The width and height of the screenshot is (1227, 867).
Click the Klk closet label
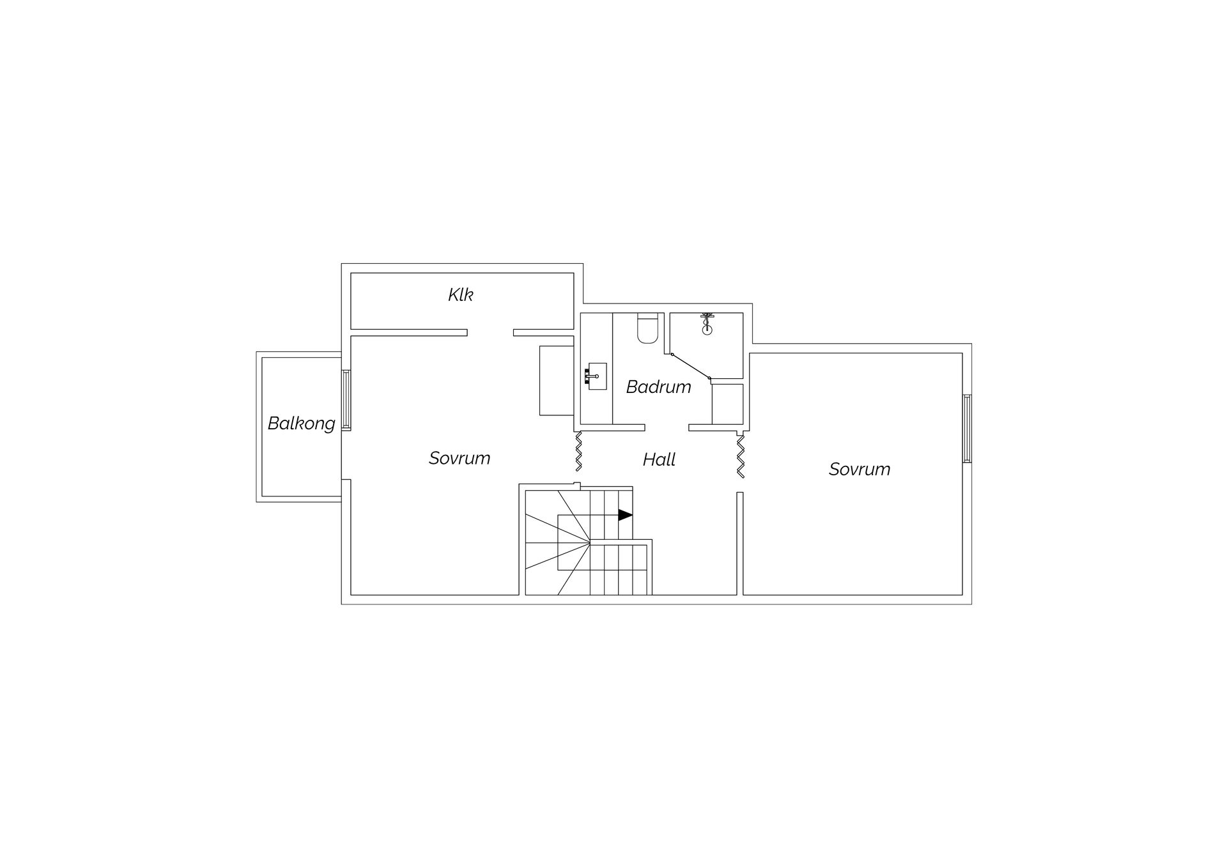[460, 295]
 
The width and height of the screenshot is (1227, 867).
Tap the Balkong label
[301, 424]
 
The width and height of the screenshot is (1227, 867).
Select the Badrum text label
[658, 387]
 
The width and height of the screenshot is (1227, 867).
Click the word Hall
[659, 459]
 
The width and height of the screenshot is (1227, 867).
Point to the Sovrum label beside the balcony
[459, 458]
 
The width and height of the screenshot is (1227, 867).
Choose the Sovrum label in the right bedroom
[860, 469]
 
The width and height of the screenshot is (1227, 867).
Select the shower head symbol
[707, 324]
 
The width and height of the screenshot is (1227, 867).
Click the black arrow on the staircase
[625, 515]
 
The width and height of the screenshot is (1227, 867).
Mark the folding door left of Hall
[579, 452]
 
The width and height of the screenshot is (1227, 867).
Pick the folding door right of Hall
[741, 456]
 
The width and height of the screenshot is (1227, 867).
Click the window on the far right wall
[967, 428]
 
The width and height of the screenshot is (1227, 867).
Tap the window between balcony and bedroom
[346, 399]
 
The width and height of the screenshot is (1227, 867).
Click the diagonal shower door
[691, 366]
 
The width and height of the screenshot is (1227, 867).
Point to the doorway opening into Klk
[490, 332]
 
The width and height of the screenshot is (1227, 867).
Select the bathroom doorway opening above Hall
[667, 427]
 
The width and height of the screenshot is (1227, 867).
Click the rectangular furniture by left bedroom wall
[557, 381]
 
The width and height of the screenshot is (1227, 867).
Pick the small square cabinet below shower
[728, 404]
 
